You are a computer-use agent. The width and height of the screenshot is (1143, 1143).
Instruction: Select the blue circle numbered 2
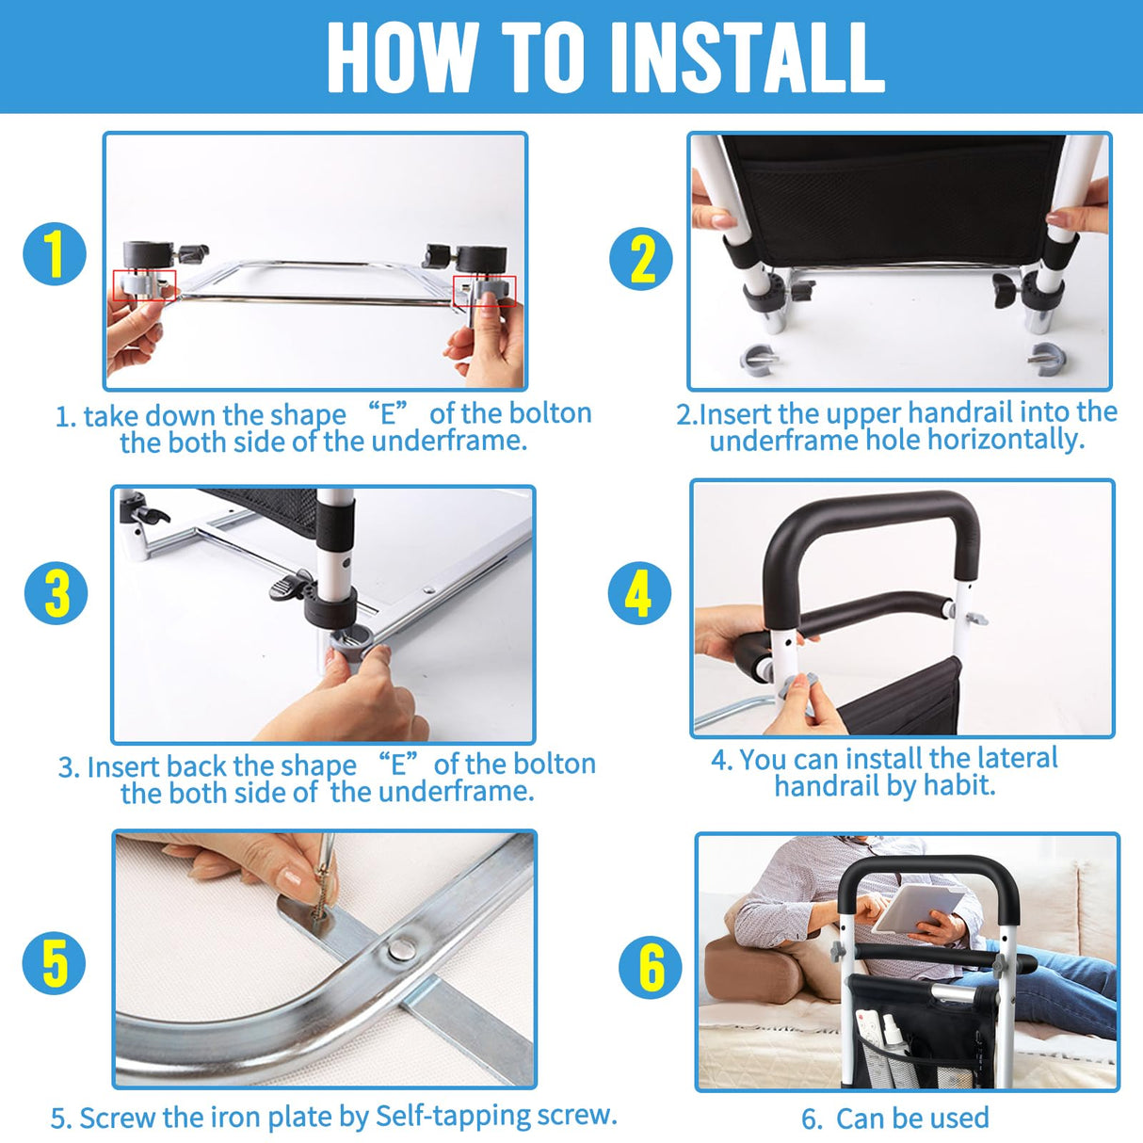click(x=641, y=259)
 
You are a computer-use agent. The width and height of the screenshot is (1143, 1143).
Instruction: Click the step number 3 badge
click(x=56, y=593)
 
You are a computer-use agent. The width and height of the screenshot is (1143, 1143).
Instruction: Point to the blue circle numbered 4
click(x=639, y=594)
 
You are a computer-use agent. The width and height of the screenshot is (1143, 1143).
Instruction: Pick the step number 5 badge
click(x=54, y=963)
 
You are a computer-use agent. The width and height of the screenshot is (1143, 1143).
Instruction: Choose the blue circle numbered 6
click(x=651, y=967)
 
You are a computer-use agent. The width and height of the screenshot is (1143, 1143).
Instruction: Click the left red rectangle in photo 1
click(x=144, y=285)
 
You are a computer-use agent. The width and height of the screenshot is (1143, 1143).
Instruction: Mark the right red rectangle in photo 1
click(x=484, y=290)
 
